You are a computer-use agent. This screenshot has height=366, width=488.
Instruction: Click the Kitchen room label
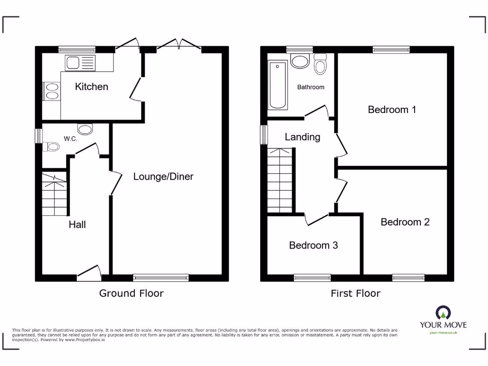coord(91,87)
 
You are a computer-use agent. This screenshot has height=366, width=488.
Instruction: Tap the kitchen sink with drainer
coord(80,62)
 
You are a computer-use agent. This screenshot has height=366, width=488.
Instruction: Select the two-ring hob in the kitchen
coord(51,91)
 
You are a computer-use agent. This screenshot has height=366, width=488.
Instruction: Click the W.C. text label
coord(71,139)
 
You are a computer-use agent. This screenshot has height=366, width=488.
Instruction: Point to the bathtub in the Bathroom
coord(276,85)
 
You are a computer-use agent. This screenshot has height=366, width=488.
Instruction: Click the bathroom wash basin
coord(300,61)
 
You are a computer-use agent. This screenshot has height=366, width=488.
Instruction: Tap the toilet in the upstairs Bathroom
coord(320,64)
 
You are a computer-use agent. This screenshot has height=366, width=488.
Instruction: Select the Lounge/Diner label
coord(163,176)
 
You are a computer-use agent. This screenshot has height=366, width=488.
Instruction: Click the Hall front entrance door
coord(89,273)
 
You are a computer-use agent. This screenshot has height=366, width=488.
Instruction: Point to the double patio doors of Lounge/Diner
coord(179,45)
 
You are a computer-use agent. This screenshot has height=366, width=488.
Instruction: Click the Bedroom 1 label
coord(392,110)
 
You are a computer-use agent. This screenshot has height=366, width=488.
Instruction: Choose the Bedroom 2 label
coord(405,222)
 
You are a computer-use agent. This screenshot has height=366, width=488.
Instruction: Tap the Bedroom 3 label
coord(314,245)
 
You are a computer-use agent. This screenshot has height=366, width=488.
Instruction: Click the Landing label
coord(302,137)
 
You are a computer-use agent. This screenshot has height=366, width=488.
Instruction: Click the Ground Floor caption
coord(131,293)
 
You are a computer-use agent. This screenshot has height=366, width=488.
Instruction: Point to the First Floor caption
coord(356,293)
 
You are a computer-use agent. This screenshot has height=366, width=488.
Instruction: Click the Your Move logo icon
coord(443,313)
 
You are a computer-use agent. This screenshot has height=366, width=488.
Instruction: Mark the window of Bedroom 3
coord(312,278)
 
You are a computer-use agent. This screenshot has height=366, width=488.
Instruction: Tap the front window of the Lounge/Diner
coord(161,278)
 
